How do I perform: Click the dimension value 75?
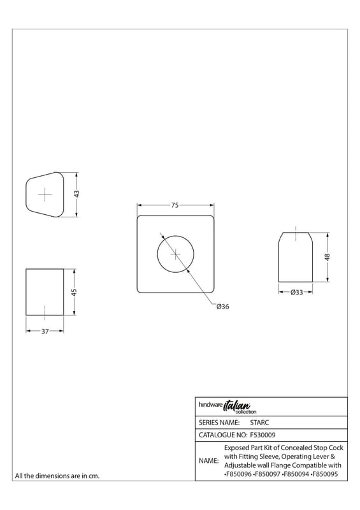[175, 205]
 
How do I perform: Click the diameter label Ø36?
[223, 307]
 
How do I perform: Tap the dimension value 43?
[76, 194]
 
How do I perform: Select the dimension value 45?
[74, 292]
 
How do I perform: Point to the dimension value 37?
[45, 331]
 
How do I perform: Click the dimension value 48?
[328, 257]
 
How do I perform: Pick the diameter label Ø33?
[296, 292]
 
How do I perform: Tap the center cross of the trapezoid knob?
[45, 194]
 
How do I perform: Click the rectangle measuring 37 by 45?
[26, 292]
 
